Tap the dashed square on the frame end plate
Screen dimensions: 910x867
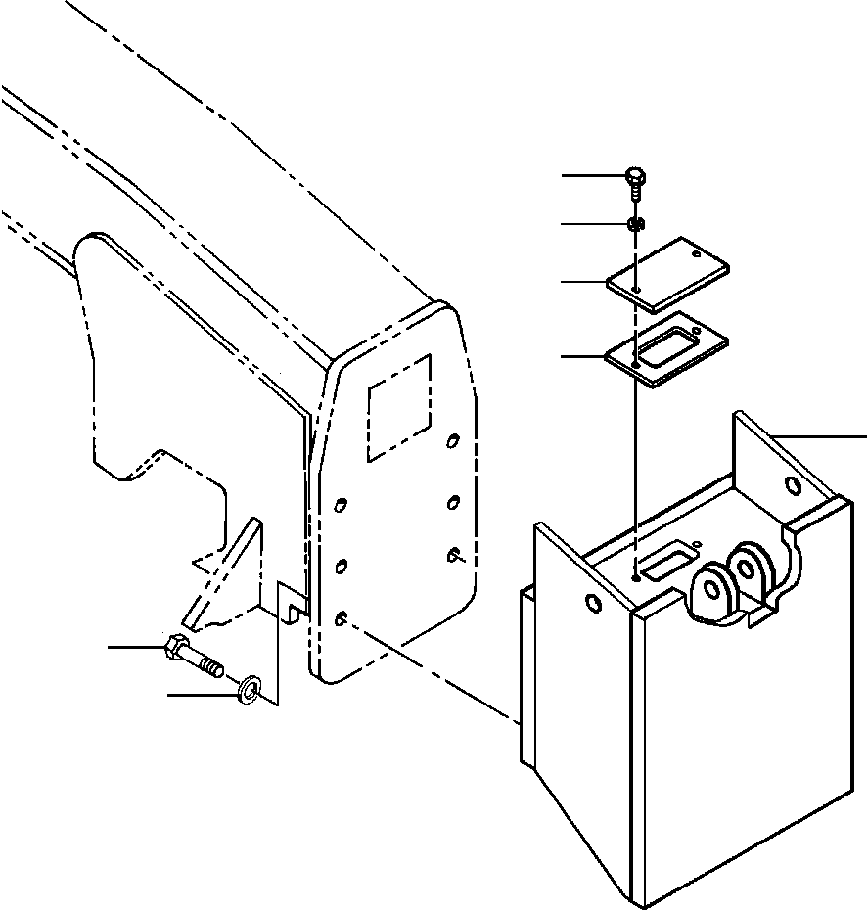point(399,408)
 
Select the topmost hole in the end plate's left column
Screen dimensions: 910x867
point(340,505)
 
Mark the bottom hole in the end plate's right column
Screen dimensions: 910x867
point(454,555)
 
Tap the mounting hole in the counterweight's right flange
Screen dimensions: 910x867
point(793,486)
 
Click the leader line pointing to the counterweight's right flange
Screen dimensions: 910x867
point(822,433)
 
